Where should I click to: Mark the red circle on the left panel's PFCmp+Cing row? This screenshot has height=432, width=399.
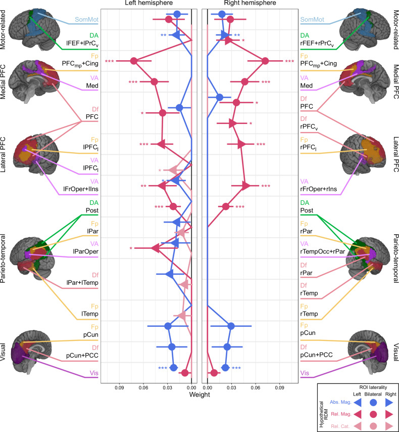coord(134,61)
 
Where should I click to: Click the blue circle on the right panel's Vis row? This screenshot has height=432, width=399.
coord(225,368)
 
